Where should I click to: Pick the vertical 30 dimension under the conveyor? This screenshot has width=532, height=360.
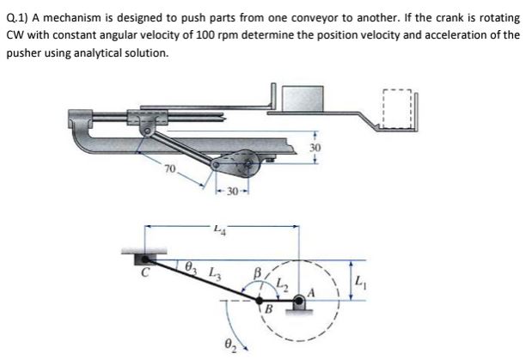tap(316, 147)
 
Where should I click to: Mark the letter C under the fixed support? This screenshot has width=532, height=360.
tap(147, 275)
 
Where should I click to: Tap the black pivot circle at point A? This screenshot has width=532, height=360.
tap(299, 301)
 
